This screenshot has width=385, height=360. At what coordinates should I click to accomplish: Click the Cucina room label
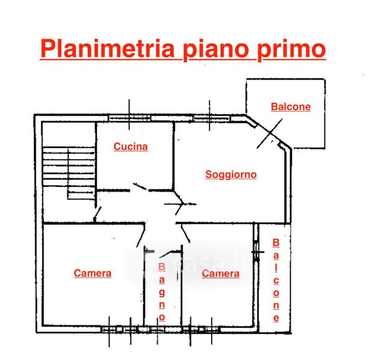click(x=131, y=146)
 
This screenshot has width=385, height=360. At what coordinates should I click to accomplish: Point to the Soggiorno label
click(x=231, y=175)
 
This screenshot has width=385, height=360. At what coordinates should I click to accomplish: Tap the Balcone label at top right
click(x=291, y=107)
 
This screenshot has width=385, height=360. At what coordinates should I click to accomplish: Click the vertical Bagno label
click(x=161, y=290)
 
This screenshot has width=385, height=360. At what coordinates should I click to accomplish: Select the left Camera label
click(x=92, y=273)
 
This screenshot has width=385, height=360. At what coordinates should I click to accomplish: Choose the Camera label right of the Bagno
click(x=221, y=274)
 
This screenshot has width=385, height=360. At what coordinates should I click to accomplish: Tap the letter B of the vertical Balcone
click(x=276, y=243)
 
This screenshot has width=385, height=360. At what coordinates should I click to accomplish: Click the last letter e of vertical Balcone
click(x=276, y=317)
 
